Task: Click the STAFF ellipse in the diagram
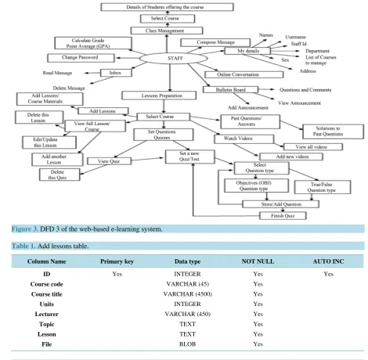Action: (x=174, y=59)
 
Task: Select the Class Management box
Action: (x=167, y=31)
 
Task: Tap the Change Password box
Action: (x=81, y=58)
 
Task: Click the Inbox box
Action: (x=116, y=73)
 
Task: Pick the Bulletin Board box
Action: (x=230, y=90)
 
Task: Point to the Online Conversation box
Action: (x=244, y=74)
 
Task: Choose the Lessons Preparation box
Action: (x=159, y=95)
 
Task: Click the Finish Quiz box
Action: (x=283, y=216)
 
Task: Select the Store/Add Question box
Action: (x=281, y=204)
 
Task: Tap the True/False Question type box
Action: (x=323, y=187)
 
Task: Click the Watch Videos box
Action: (x=244, y=139)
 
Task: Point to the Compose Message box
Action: (x=215, y=42)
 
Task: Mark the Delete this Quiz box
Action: (x=60, y=175)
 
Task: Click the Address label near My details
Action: (x=308, y=71)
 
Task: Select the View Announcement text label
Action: (x=299, y=103)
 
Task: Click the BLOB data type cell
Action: (x=187, y=344)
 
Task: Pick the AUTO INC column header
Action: (x=328, y=261)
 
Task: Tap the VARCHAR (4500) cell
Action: (x=187, y=294)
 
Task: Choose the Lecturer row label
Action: (x=47, y=314)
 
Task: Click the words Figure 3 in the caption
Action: (x=25, y=229)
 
